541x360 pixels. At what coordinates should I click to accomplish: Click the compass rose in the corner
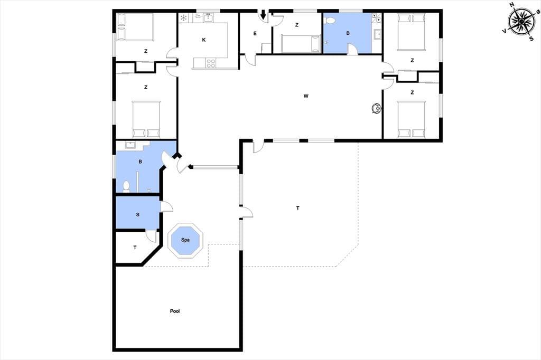pyautogui.click(x=521, y=22)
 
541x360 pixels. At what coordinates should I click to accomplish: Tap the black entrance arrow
pyautogui.click(x=263, y=15)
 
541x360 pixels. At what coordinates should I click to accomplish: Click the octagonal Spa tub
pyautogui.click(x=185, y=240)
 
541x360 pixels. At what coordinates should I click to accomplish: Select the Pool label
pyautogui.click(x=175, y=311)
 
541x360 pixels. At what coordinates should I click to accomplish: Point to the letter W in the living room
pyautogui.click(x=306, y=96)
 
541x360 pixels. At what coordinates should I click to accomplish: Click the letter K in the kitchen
pyautogui.click(x=204, y=40)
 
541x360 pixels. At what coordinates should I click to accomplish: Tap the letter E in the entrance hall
pyautogui.click(x=255, y=33)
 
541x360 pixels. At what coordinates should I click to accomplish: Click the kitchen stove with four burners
pyautogui.click(x=211, y=63)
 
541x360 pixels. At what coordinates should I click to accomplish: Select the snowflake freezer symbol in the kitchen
pyautogui.click(x=183, y=17)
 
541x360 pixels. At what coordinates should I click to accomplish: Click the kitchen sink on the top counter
pyautogui.click(x=208, y=17)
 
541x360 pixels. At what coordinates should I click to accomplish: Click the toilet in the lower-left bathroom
pyautogui.click(x=126, y=186)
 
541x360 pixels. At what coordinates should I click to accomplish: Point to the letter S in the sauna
pyautogui.click(x=138, y=214)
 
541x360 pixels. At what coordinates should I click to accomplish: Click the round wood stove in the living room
pyautogui.click(x=376, y=108)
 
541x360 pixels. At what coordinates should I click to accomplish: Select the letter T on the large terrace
pyautogui.click(x=298, y=208)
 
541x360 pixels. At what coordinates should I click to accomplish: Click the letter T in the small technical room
pyautogui.click(x=135, y=247)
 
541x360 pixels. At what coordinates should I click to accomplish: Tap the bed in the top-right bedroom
pyautogui.click(x=412, y=32)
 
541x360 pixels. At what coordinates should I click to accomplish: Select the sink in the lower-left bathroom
pyautogui.click(x=131, y=145)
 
